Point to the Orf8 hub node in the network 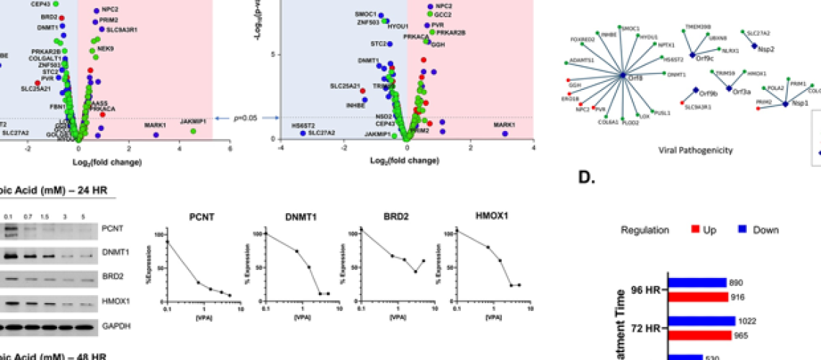click(x=624, y=75)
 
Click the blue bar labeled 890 click(x=697, y=283)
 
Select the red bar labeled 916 click(x=698, y=296)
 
